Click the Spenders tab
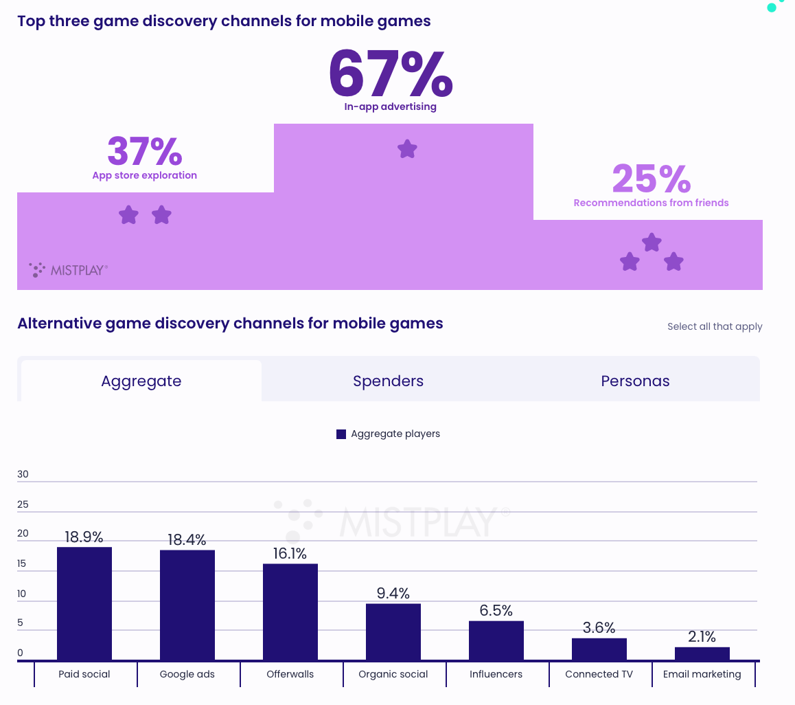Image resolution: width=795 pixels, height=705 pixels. coord(388,381)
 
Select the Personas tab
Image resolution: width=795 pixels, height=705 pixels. coord(635,381)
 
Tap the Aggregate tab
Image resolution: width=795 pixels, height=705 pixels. coord(141,381)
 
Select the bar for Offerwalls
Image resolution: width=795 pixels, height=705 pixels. coord(290,612)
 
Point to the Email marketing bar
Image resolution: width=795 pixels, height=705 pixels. coord(702,653)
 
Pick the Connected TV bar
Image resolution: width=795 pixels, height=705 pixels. coord(599,649)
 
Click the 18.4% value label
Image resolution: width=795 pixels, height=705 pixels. coord(187,540)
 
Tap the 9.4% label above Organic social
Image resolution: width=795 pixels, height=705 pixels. coord(393,593)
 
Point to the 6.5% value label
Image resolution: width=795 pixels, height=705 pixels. coord(496,611)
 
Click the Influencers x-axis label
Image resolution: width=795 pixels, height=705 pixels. coord(496,674)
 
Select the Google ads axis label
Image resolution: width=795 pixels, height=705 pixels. coord(187,674)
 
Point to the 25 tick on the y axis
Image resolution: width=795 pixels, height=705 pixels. coord(23,504)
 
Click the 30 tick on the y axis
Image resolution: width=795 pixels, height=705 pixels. coord(23,474)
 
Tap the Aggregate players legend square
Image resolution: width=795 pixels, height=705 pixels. coord(341,434)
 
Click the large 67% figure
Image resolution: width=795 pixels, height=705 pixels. coord(390,73)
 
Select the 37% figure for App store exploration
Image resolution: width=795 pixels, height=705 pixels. coord(144,151)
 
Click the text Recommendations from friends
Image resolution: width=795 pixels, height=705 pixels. coord(651,203)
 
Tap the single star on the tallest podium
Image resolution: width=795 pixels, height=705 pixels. coord(407,149)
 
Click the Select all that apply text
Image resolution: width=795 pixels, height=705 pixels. coord(715,326)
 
